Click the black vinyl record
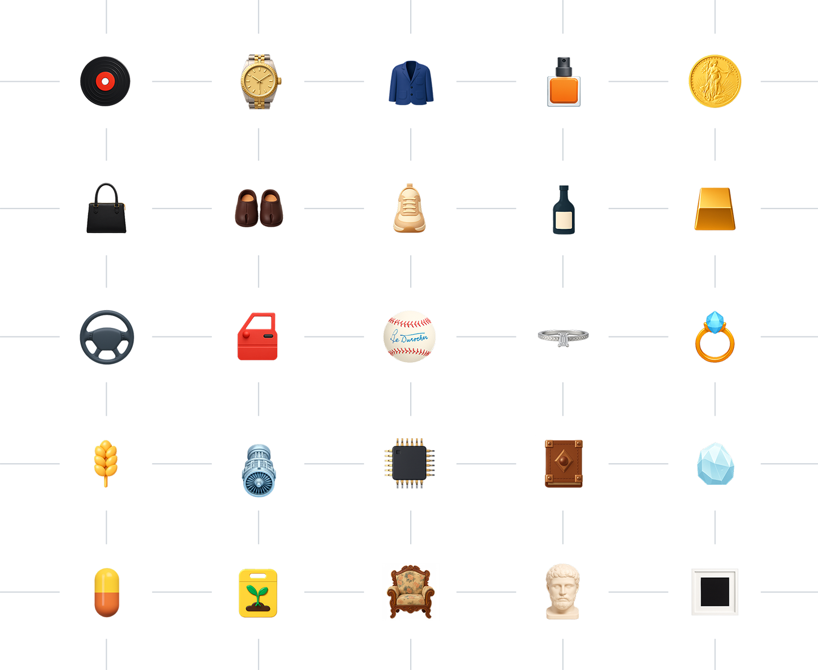pyautogui.click(x=105, y=82)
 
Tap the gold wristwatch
pyautogui.click(x=260, y=81)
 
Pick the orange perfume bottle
pyautogui.click(x=563, y=85)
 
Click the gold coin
pyautogui.click(x=715, y=81)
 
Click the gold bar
pyautogui.click(x=714, y=211)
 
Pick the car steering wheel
pyautogui.click(x=106, y=337)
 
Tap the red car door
pyautogui.click(x=258, y=338)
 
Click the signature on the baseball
pyautogui.click(x=409, y=338)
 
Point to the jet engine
pyautogui.click(x=258, y=471)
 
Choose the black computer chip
pyautogui.click(x=408, y=463)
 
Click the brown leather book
pyautogui.click(x=563, y=465)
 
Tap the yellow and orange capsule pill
pyautogui.click(x=106, y=592)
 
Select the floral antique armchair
pyautogui.click(x=410, y=591)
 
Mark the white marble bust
pyautogui.click(x=562, y=591)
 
